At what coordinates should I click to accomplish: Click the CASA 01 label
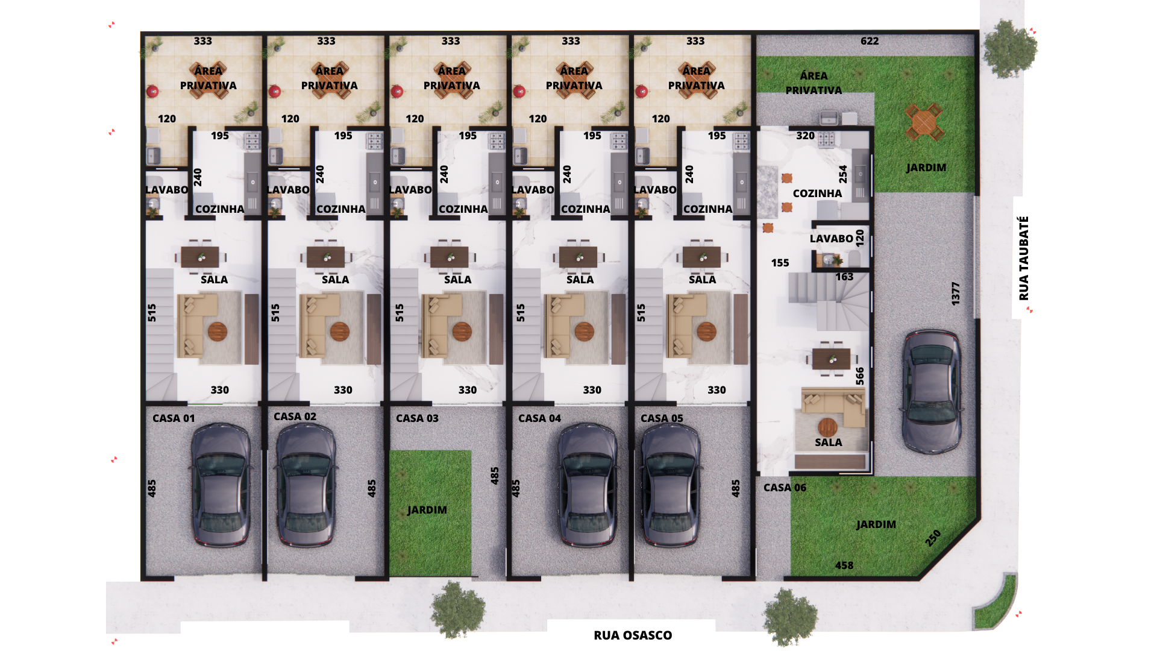(x=174, y=418)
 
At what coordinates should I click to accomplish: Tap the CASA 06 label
(x=785, y=488)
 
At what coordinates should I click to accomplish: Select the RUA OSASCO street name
(x=633, y=635)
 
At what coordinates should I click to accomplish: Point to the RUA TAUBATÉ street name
(x=1024, y=258)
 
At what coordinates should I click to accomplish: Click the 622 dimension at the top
(x=870, y=41)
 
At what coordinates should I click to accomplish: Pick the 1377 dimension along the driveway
(x=955, y=294)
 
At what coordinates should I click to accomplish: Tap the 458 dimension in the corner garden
(x=844, y=565)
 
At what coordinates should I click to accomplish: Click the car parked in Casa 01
(x=221, y=484)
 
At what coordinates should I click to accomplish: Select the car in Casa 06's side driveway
(x=932, y=392)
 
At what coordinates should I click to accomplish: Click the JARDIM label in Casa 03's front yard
(x=427, y=510)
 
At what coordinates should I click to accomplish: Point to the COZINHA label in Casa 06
(x=817, y=193)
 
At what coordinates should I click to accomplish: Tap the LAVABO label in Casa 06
(x=831, y=239)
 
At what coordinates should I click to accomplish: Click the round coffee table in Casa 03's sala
(x=462, y=332)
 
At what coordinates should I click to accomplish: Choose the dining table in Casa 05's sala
(x=701, y=257)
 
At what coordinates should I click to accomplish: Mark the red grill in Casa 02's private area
(x=275, y=92)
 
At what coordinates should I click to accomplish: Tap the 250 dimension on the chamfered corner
(x=933, y=538)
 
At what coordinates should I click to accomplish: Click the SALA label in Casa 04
(x=580, y=280)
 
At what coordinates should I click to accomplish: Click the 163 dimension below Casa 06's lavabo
(x=844, y=277)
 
